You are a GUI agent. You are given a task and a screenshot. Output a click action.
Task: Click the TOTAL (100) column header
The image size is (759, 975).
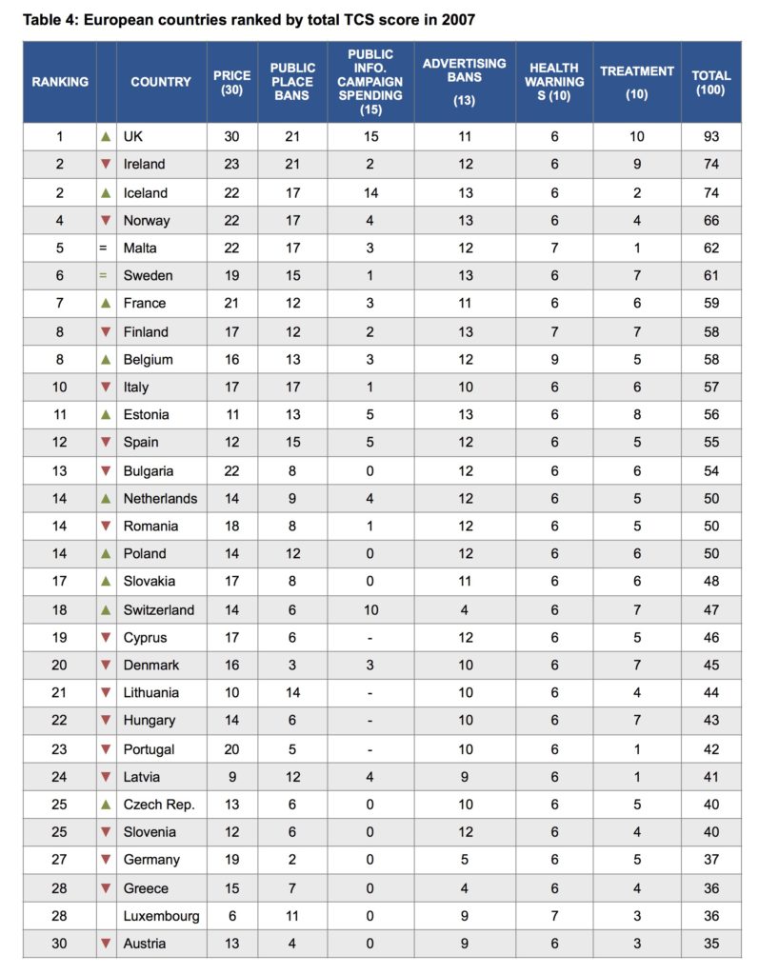(x=711, y=82)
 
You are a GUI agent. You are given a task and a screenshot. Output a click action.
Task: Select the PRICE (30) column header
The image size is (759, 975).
(x=231, y=82)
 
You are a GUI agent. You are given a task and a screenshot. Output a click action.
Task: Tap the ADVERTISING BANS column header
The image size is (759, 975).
(x=464, y=82)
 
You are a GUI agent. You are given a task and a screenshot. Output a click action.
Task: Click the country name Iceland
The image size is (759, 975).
(x=145, y=192)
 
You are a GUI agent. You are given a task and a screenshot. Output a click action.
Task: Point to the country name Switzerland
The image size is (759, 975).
(x=158, y=609)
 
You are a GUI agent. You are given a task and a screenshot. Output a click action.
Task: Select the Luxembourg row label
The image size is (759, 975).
(x=161, y=916)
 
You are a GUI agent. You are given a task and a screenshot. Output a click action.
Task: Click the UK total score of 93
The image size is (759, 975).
(x=711, y=136)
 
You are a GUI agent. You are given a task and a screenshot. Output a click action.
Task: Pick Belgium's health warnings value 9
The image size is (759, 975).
(x=553, y=359)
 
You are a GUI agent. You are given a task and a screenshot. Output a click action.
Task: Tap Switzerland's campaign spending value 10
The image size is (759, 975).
(x=370, y=609)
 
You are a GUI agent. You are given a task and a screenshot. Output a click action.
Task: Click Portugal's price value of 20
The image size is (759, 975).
(x=231, y=749)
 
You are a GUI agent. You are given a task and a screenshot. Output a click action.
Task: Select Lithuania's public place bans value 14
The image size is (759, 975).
(x=292, y=693)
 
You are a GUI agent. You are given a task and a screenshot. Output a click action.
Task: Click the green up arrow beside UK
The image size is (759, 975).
(x=106, y=136)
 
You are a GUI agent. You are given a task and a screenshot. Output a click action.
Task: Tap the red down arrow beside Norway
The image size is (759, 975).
(x=106, y=220)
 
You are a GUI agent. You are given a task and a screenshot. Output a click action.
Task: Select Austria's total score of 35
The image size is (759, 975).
(x=711, y=944)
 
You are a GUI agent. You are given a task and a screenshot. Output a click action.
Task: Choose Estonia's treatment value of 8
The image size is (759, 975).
(x=636, y=414)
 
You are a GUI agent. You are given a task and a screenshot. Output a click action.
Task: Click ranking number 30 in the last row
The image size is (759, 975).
(x=59, y=944)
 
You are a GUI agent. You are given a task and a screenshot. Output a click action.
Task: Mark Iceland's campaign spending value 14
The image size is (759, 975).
(x=370, y=192)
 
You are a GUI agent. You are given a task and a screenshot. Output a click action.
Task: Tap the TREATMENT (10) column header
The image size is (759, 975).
(x=636, y=82)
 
